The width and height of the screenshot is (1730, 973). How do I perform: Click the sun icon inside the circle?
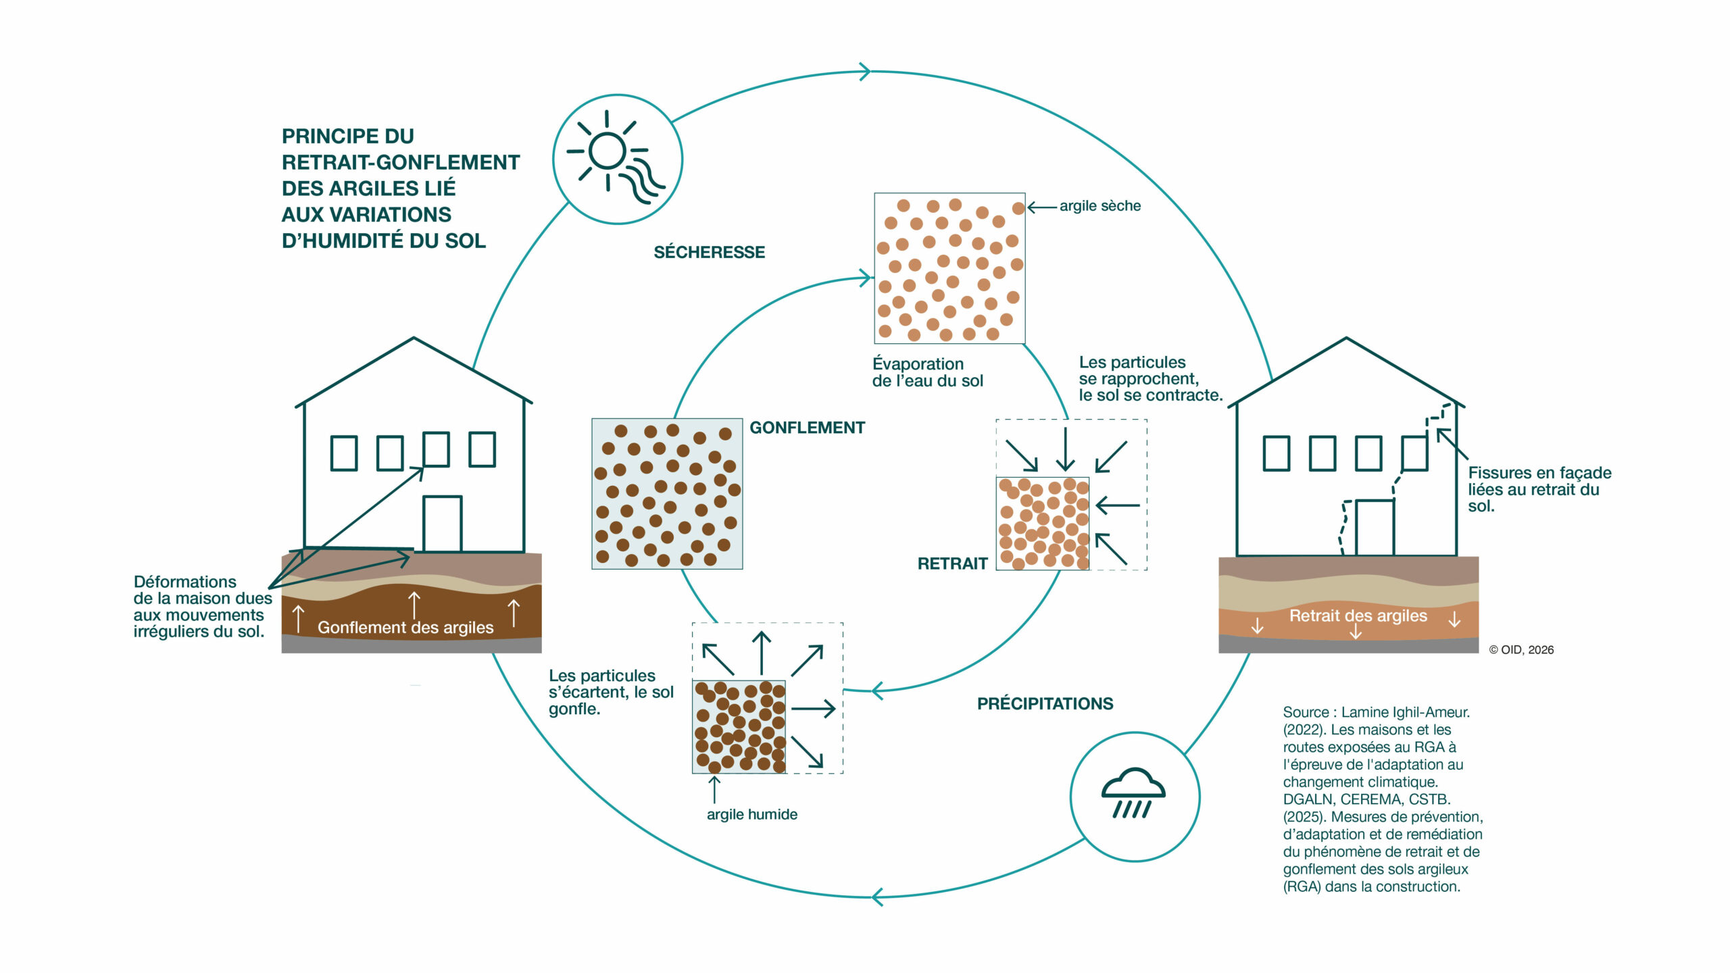coord(616,157)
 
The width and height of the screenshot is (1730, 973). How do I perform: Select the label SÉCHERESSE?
coord(709,252)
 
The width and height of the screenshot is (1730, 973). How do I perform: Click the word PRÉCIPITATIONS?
coord(1045,703)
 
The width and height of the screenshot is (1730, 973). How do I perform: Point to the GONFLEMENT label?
coord(807,428)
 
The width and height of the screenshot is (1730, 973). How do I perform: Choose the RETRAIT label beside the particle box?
coord(952,564)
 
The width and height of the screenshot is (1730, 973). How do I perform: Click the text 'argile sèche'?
coord(1099,206)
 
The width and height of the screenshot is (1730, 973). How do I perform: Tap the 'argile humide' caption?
coord(751,814)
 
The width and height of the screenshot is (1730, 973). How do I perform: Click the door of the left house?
coord(443,524)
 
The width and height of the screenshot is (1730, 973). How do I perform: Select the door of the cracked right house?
coord(1375,528)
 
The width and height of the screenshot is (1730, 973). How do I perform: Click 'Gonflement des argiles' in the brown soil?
coord(405,628)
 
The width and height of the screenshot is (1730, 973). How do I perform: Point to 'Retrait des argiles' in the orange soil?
coord(1358,616)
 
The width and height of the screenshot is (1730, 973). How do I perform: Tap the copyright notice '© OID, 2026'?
coord(1521,650)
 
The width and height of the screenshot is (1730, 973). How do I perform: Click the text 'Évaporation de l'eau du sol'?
coord(927,372)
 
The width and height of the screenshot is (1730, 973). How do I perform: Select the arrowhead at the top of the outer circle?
coord(865,71)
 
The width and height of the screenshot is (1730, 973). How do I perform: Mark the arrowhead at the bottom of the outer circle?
coord(877,897)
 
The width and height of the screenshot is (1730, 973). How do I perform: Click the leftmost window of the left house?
coord(343,453)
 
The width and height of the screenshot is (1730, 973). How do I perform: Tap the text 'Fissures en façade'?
coord(1539,473)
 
